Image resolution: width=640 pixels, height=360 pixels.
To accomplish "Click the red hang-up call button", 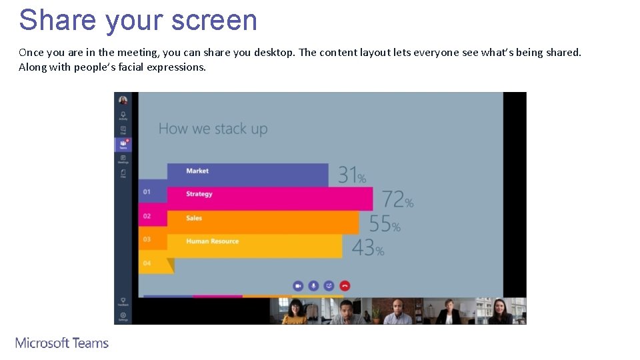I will (345, 285).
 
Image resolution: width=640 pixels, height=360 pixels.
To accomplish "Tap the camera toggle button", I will (298, 285).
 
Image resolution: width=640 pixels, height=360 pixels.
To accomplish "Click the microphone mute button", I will (313, 285).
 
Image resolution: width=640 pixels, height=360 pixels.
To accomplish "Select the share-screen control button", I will (329, 285).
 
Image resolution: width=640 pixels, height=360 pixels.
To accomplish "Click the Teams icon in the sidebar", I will (123, 144).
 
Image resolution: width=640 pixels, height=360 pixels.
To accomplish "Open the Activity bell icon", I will (123, 115).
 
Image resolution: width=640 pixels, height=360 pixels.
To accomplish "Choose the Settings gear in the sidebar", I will (123, 316).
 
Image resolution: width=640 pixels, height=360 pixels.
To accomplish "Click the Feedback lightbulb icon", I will (123, 301).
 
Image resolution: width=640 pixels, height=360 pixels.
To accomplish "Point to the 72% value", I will (397, 199).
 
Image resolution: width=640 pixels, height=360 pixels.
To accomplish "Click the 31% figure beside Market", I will (352, 175).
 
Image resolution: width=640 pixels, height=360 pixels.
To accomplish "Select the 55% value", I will (385, 223).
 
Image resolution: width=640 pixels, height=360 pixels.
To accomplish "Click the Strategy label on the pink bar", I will (199, 194).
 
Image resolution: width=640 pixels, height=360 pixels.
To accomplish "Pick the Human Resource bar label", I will (212, 241).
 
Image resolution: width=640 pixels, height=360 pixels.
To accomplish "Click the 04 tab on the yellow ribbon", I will (147, 263).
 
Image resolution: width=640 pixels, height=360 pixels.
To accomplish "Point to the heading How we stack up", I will (213, 129).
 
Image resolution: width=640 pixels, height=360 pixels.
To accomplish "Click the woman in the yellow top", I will (295, 311).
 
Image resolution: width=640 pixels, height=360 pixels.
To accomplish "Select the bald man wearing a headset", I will (397, 311).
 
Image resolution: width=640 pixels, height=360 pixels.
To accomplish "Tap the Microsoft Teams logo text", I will (62, 343).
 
